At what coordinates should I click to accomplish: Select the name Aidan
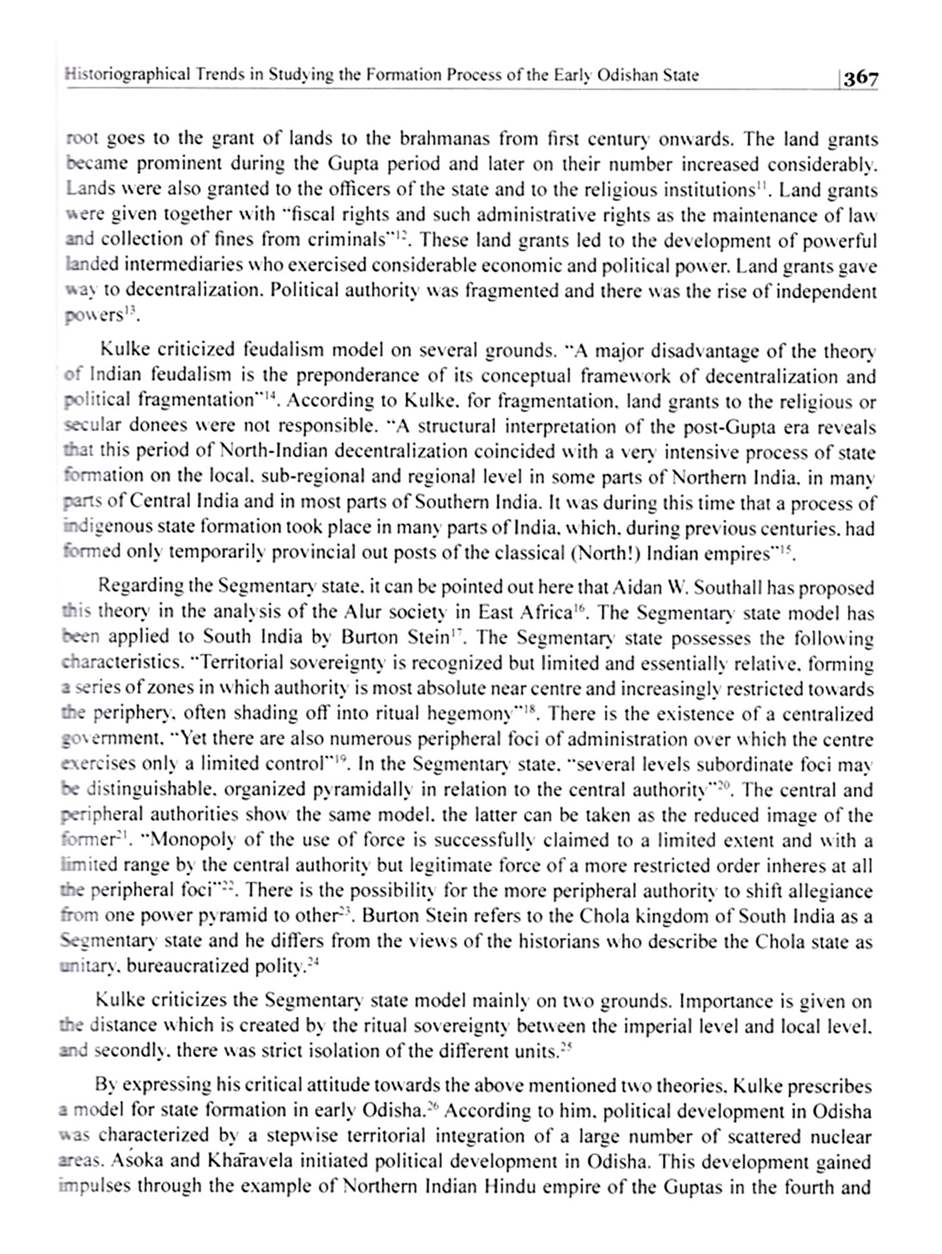tap(637, 587)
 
